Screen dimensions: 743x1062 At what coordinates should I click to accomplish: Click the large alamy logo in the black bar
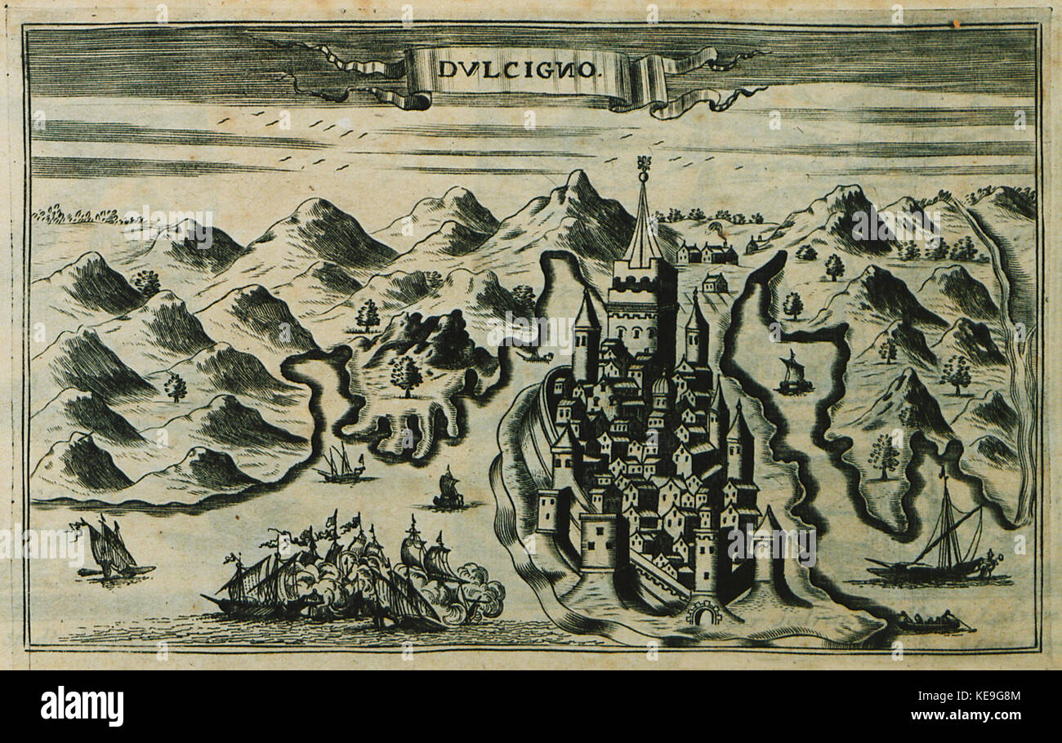[x=82, y=706]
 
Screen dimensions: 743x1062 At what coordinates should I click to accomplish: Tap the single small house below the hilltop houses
[x=714, y=283]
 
